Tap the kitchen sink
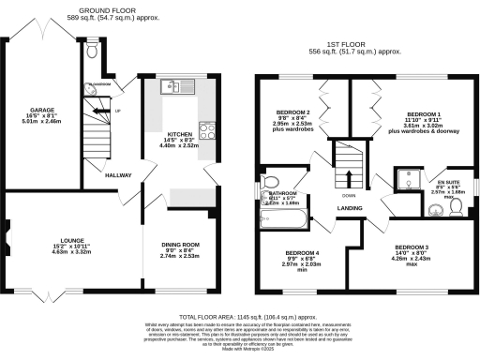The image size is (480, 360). [175, 88]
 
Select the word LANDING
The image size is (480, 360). [351, 207]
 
